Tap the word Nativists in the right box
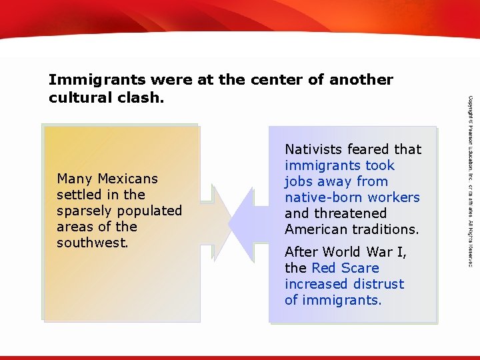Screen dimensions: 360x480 click(311, 149)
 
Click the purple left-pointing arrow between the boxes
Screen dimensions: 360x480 click(247, 220)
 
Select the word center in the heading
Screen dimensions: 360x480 click(275, 80)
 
